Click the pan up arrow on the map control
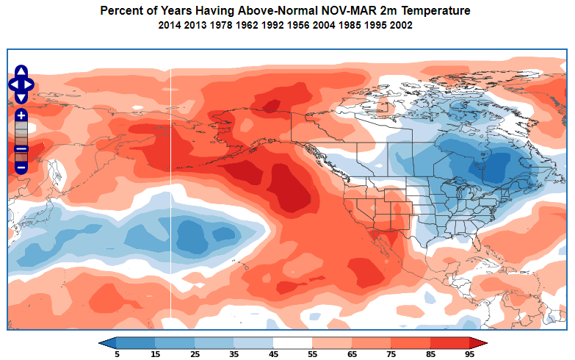click(x=21, y=73)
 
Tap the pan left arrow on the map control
click(x=13, y=84)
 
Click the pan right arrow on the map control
click(x=29, y=84)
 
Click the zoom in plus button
click(x=21, y=115)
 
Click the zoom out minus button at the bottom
click(x=21, y=168)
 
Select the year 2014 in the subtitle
click(x=170, y=25)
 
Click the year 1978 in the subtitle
click(x=221, y=25)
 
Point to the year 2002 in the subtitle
click(x=401, y=25)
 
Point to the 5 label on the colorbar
click(x=116, y=353)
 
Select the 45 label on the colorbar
click(x=273, y=353)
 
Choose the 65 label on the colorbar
click(x=352, y=353)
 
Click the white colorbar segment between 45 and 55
click(x=293, y=342)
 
